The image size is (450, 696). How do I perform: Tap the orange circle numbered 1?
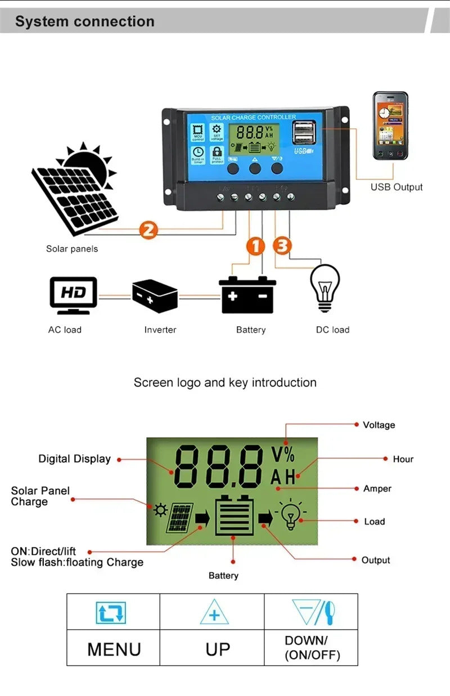(255, 246)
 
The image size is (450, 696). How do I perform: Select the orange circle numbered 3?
(282, 246)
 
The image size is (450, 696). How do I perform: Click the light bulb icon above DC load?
(325, 288)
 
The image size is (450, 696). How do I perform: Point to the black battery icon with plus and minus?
(247, 295)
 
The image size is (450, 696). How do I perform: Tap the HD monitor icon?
(73, 295)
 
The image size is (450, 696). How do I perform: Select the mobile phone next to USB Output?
(390, 127)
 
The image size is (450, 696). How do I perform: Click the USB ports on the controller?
(304, 133)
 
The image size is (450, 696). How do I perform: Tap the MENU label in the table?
(114, 649)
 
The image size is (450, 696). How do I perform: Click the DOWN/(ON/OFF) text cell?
(312, 648)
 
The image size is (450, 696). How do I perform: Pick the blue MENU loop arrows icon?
(111, 613)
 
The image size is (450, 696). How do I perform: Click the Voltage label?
(379, 425)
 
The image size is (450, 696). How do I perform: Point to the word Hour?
(403, 459)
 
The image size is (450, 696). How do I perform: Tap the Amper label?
(377, 488)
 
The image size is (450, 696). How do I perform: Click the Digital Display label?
(74, 459)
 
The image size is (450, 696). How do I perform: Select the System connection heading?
(85, 22)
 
